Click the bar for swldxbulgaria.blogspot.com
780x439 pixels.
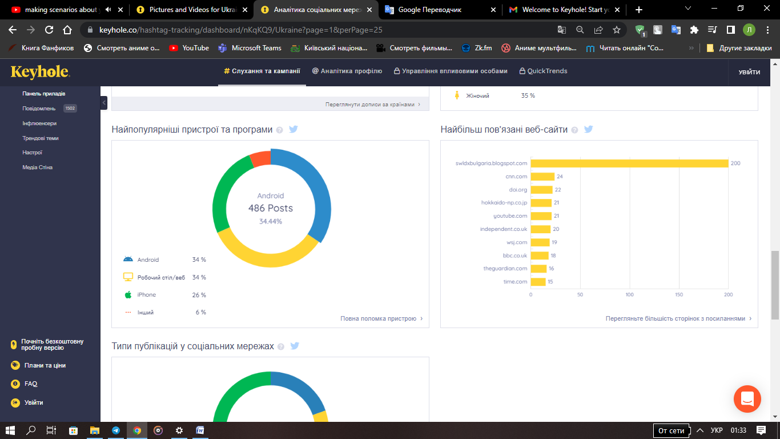coord(629,163)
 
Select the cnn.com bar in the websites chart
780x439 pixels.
coord(542,177)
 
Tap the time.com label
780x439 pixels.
coord(515,282)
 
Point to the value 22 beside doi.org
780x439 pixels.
coord(558,190)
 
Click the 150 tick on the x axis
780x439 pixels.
coord(679,294)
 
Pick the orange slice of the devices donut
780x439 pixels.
coord(260,158)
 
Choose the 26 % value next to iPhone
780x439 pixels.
coord(199,295)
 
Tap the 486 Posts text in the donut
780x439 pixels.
coord(271,208)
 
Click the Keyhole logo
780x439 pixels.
coord(40,72)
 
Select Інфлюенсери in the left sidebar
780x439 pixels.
coord(39,123)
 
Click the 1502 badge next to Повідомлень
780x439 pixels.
coord(70,109)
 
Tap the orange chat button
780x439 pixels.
coord(747,399)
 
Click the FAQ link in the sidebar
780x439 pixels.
coord(31,384)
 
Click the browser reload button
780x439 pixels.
coord(49,30)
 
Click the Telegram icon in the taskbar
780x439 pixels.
coord(116,430)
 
